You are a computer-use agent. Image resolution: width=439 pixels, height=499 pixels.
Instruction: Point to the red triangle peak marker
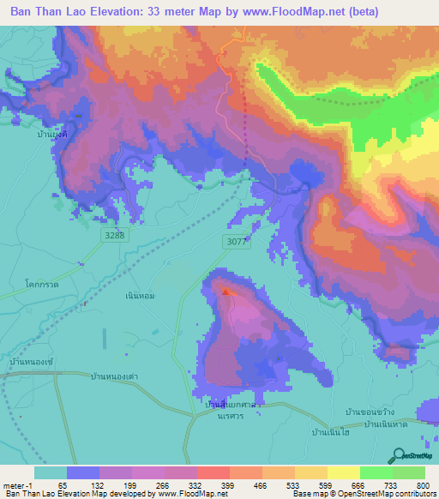(x=226, y=292)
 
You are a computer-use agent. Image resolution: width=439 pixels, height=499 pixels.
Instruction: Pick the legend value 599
(x=327, y=484)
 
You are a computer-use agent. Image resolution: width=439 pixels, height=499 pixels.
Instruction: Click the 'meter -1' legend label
(x=18, y=484)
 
